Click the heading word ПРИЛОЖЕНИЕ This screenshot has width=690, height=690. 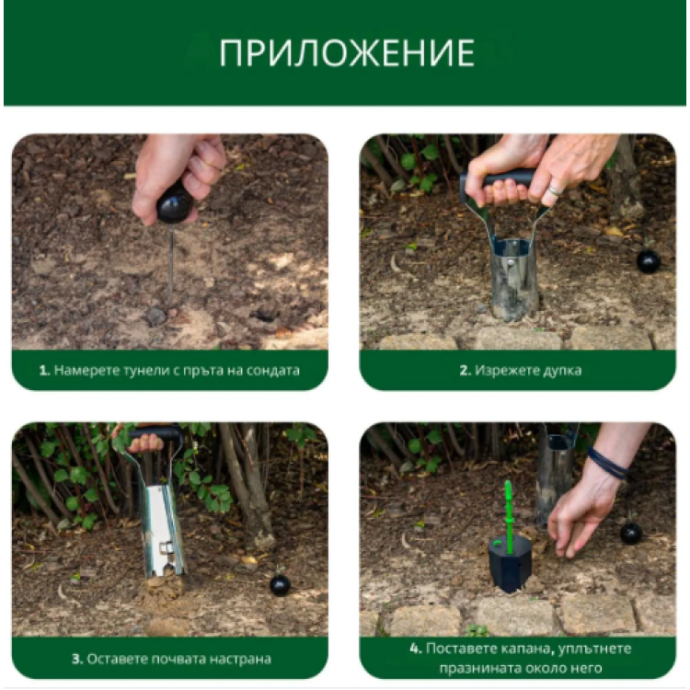(x=347, y=54)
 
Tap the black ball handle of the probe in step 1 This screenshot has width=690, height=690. (x=174, y=203)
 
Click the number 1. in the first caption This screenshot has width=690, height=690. (x=43, y=372)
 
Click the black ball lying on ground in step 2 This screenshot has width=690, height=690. (x=649, y=261)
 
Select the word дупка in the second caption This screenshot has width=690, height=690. (x=554, y=372)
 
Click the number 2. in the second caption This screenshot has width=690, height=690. (x=465, y=372)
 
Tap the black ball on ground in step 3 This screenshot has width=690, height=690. (x=280, y=585)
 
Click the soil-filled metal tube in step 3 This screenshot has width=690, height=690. (x=164, y=543)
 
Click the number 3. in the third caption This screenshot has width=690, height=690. (x=77, y=659)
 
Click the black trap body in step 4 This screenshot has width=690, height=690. (x=509, y=561)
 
